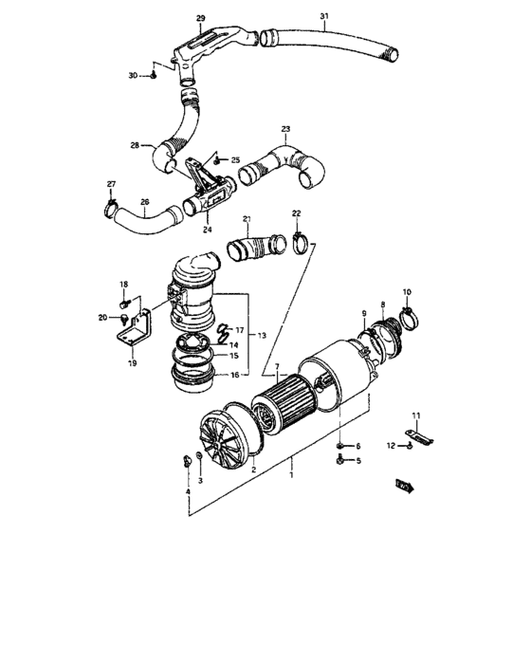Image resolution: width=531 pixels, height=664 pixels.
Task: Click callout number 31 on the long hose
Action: (324, 17)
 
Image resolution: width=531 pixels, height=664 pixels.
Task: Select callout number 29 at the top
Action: (200, 18)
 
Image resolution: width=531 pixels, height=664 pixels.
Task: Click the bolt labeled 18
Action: (125, 303)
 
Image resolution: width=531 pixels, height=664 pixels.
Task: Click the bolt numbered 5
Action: (340, 461)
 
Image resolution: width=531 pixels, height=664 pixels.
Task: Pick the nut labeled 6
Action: (340, 445)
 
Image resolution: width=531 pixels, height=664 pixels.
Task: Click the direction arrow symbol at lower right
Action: (406, 487)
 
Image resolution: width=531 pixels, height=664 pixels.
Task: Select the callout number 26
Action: (144, 201)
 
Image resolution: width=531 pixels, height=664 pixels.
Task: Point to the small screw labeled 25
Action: (216, 160)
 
